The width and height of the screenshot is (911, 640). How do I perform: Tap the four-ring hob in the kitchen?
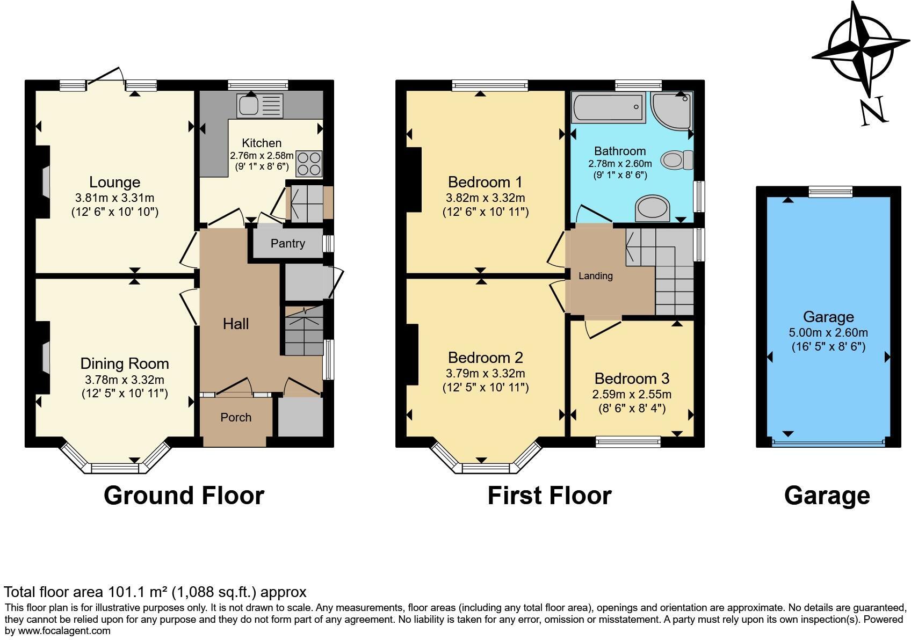[x=308, y=163]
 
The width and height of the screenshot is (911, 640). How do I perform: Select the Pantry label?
[x=287, y=244]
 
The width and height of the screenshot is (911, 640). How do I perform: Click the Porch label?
[x=236, y=418]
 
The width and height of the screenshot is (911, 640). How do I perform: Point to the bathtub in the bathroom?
[x=609, y=106]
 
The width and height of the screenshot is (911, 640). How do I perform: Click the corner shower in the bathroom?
[x=671, y=110]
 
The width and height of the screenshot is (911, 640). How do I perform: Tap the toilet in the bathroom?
[x=676, y=160]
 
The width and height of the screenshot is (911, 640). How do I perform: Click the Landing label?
[x=595, y=276]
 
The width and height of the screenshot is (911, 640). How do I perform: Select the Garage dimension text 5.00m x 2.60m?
[x=829, y=333]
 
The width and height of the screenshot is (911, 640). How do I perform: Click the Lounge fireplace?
[x=45, y=183]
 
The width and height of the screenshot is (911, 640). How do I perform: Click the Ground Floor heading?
[x=184, y=496]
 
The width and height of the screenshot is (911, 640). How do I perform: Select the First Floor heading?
[x=549, y=496]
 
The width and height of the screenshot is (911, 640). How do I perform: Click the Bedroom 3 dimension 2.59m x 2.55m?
[x=632, y=395]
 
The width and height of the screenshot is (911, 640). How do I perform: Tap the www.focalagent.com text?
[x=64, y=631]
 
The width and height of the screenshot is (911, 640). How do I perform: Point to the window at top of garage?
[x=830, y=191]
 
